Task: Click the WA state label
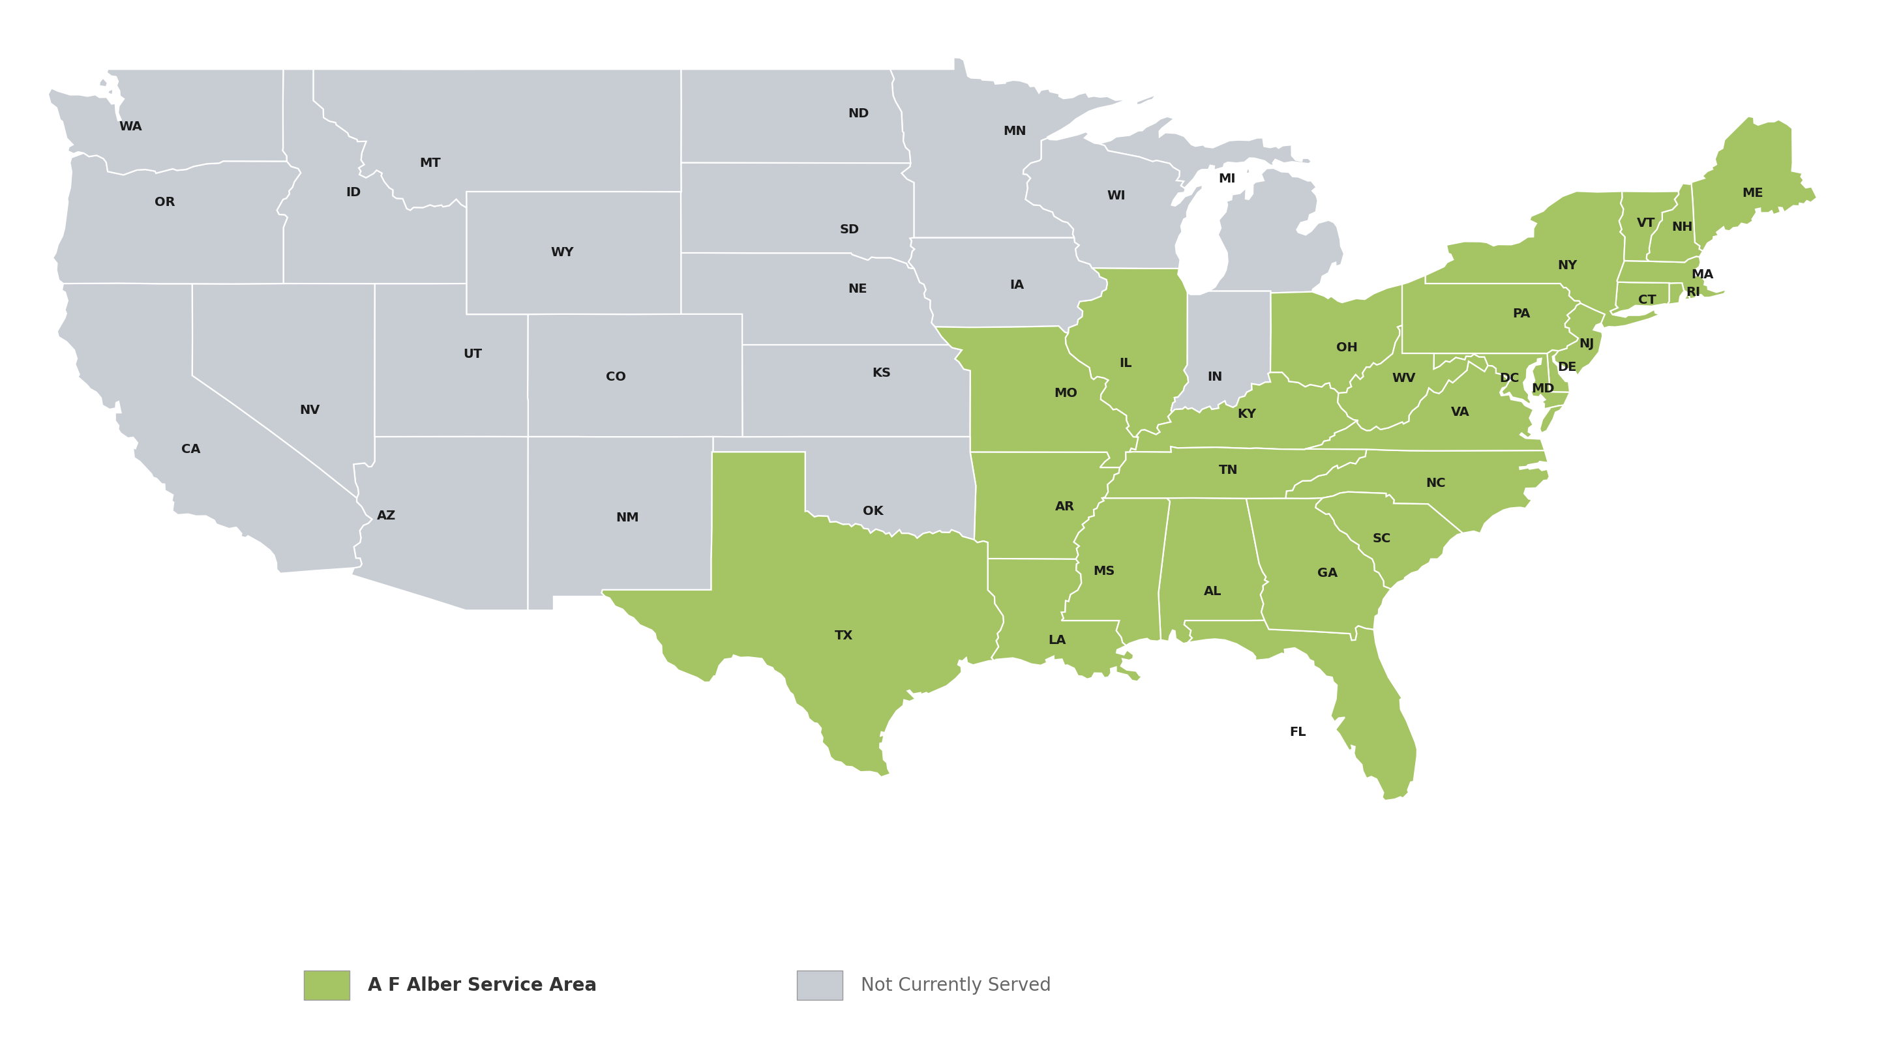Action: pyautogui.click(x=130, y=126)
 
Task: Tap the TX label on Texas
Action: pyautogui.click(x=843, y=635)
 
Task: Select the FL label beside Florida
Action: pyautogui.click(x=1297, y=732)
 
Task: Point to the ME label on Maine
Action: pyautogui.click(x=1752, y=192)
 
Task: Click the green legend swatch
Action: pyautogui.click(x=327, y=985)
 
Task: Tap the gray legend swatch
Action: pyautogui.click(x=819, y=985)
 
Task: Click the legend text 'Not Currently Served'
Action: pyautogui.click(x=955, y=984)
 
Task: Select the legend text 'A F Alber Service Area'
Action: pyautogui.click(x=481, y=984)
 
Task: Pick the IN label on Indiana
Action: pyautogui.click(x=1215, y=376)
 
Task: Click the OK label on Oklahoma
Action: pyautogui.click(x=873, y=511)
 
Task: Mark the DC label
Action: pyautogui.click(x=1509, y=377)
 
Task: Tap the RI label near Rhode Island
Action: pyautogui.click(x=1693, y=292)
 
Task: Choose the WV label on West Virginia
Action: pyautogui.click(x=1403, y=377)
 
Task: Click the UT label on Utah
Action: pyautogui.click(x=472, y=353)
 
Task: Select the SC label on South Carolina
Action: pyautogui.click(x=1381, y=538)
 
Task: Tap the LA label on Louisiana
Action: pyautogui.click(x=1056, y=639)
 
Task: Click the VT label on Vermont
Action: pyautogui.click(x=1645, y=222)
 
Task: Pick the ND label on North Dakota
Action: pyautogui.click(x=858, y=113)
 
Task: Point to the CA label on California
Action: pyautogui.click(x=190, y=448)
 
